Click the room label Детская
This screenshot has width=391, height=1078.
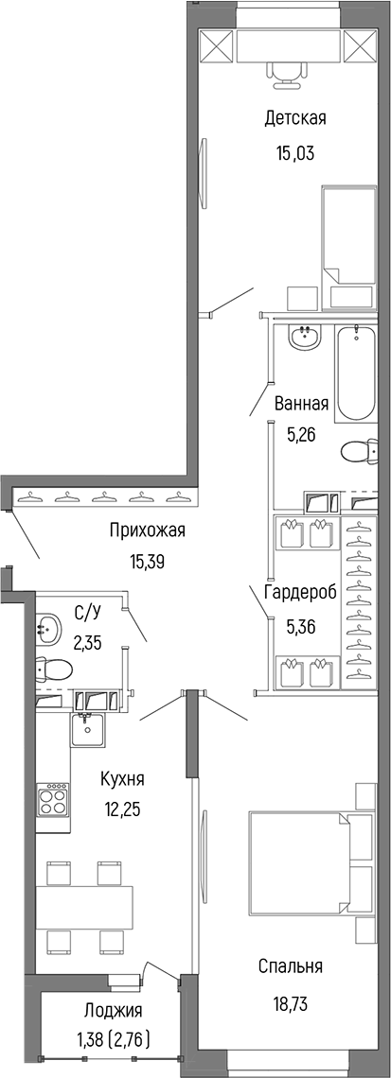[294, 118]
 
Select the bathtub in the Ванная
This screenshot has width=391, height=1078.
[355, 374]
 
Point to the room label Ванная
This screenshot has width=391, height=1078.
[301, 405]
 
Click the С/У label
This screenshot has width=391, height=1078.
[87, 610]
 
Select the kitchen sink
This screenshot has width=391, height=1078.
[87, 728]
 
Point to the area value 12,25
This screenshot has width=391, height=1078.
[123, 809]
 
